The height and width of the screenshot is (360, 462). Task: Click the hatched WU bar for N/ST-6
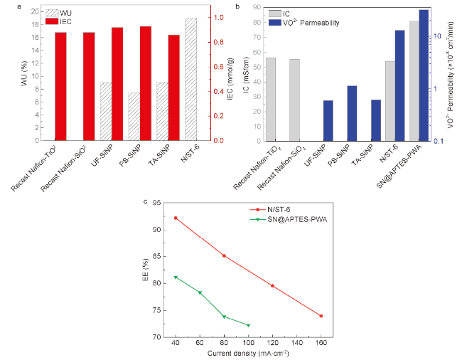[x=190, y=78]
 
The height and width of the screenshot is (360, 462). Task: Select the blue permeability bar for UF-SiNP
[x=328, y=120]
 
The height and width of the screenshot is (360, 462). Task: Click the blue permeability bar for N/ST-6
[x=399, y=85]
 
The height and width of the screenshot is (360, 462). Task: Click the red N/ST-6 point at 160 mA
[x=321, y=316]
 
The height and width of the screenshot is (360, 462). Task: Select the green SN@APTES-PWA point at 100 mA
[x=249, y=325]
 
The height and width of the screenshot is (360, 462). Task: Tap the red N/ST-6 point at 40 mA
[x=176, y=218]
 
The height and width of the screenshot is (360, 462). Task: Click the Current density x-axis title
[x=248, y=353]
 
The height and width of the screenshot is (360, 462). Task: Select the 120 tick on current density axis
[x=273, y=343]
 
